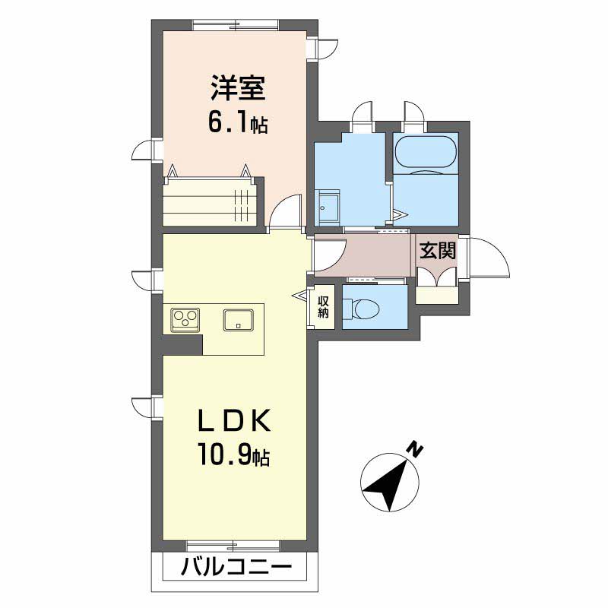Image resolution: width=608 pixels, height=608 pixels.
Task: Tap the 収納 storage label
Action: pyautogui.click(x=324, y=308)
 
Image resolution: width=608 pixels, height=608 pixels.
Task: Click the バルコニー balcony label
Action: pyautogui.click(x=236, y=568)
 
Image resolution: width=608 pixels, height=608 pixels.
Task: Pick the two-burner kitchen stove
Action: pyautogui.click(x=185, y=318)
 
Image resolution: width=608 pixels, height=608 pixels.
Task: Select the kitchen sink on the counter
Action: pyautogui.click(x=238, y=319)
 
